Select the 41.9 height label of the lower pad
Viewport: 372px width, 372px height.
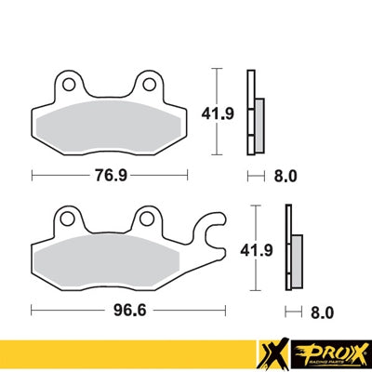point(267,249)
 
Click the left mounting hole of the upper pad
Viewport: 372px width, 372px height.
point(68,85)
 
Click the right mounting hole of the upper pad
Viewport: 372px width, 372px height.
point(147,85)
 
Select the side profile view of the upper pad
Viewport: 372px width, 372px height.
point(253,112)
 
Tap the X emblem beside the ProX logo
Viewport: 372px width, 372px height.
point(272,354)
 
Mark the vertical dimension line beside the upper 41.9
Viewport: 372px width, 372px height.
point(217,111)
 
